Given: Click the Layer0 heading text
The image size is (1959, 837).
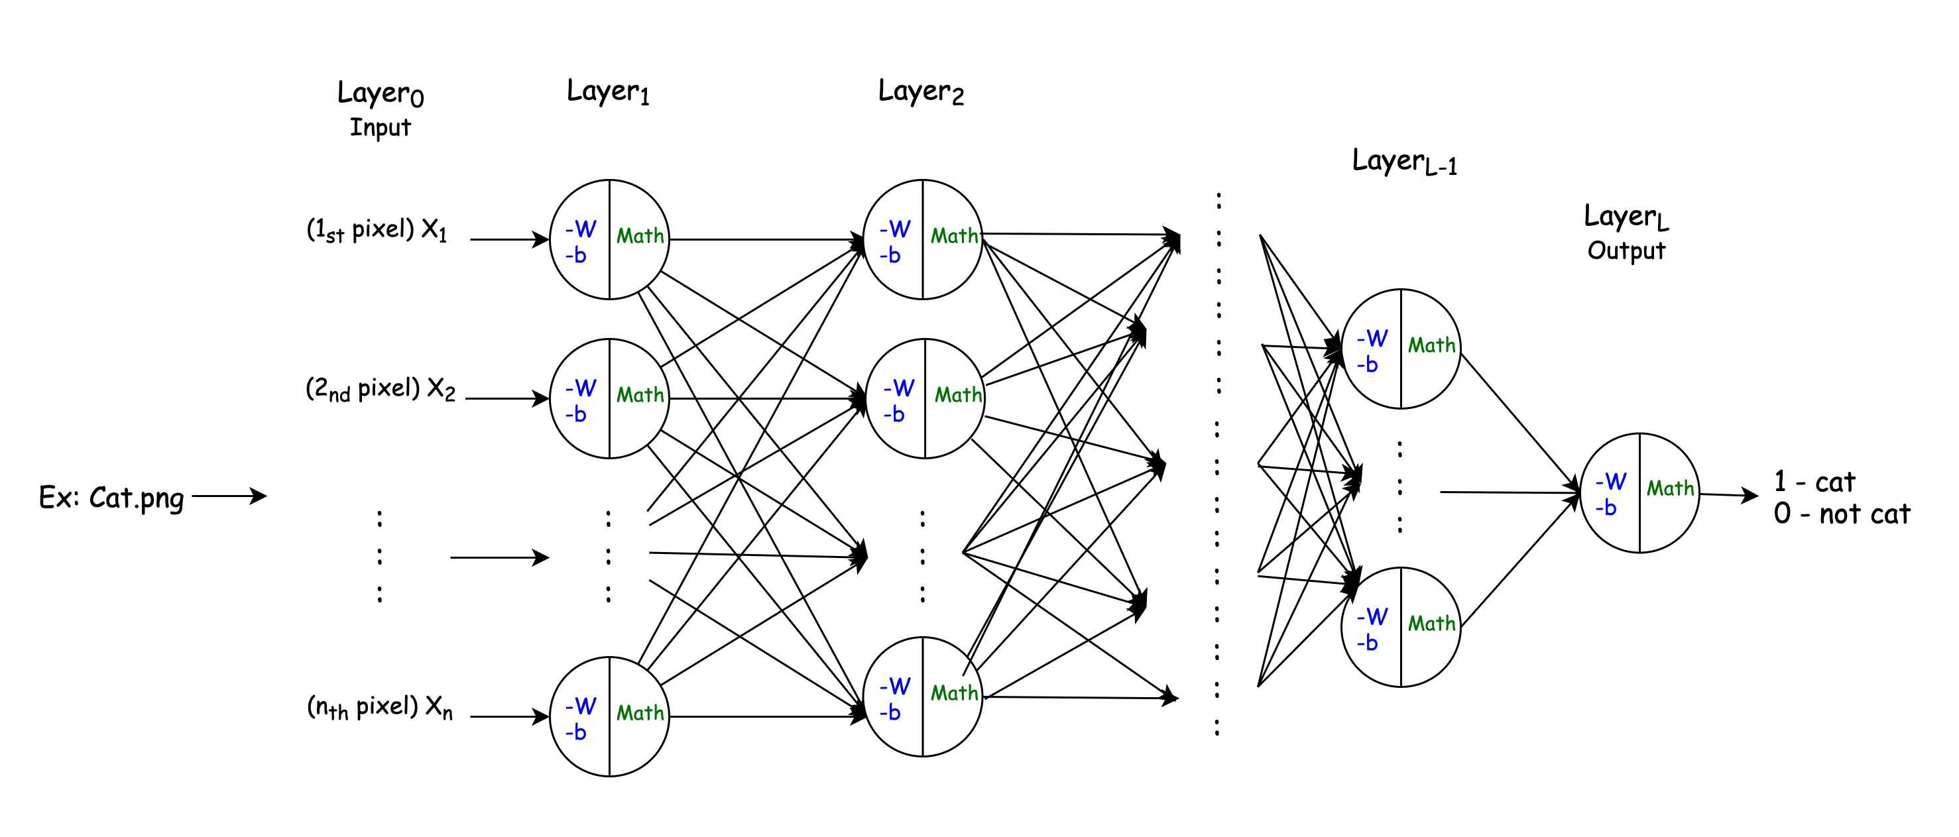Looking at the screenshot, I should [381, 93].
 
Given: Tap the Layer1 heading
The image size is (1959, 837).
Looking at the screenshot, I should [608, 91].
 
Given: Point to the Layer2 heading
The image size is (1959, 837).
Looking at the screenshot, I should [920, 91].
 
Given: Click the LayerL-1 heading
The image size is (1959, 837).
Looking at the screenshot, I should [1404, 161].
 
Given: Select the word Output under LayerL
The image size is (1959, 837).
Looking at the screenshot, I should [1626, 250].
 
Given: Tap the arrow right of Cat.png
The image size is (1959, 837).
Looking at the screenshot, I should [229, 496].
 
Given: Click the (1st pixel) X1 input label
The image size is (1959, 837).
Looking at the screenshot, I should [377, 229].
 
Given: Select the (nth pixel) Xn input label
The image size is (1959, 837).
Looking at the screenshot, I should [379, 707].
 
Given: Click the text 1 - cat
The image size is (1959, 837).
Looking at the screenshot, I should [1814, 482].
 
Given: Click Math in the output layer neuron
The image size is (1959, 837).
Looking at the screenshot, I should [1670, 488].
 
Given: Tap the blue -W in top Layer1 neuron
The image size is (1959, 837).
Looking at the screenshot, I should [581, 229].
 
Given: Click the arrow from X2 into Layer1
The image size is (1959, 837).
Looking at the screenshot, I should [507, 398].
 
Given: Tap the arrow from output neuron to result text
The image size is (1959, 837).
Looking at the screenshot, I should [1728, 495].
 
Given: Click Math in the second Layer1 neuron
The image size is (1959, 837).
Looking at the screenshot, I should [640, 394].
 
